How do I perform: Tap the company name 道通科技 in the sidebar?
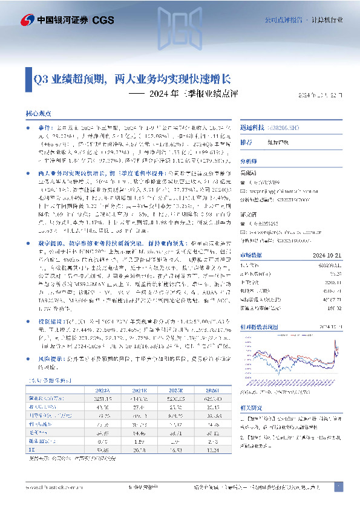250,128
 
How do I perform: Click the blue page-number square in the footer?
339,486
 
